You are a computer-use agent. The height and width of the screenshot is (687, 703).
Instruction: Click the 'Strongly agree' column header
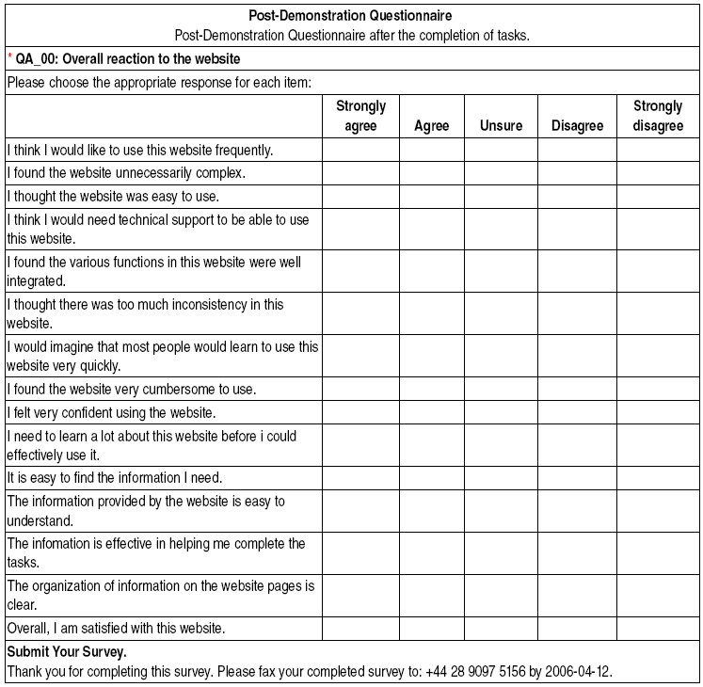360,116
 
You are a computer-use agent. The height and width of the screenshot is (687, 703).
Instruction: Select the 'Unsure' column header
501,125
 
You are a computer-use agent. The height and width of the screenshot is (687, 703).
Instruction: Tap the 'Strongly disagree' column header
658,116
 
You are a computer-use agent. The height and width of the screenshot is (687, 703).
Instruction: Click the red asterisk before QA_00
9,58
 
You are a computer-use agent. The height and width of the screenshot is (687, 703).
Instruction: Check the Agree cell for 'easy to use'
431,197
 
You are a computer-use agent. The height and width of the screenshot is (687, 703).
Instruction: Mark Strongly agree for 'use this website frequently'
360,150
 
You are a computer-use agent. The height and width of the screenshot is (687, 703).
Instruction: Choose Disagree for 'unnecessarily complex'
577,173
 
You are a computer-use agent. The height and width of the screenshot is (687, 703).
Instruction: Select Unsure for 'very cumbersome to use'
501,389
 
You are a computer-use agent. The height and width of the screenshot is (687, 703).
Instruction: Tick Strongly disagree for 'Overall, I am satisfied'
658,628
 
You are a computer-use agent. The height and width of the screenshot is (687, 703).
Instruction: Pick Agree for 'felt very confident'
431,412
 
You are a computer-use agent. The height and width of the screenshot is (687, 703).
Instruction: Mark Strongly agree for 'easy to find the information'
360,477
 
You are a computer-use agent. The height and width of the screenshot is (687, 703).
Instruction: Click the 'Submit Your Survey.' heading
67,651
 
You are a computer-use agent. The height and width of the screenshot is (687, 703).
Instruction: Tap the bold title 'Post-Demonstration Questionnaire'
350,16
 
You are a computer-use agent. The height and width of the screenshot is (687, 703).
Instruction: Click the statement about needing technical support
157,229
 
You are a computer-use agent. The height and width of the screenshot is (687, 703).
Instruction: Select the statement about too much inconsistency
145,313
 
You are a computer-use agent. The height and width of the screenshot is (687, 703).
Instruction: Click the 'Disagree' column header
577,125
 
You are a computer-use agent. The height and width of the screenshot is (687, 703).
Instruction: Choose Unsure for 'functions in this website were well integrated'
501,271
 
